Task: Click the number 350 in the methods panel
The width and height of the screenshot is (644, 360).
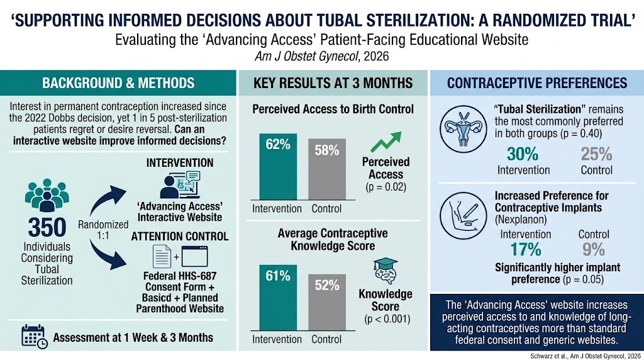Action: tap(47, 227)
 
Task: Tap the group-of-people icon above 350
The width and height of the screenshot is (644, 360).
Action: tap(47, 195)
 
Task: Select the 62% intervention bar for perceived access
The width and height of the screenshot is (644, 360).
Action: tap(278, 167)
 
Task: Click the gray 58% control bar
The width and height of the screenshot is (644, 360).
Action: tap(327, 169)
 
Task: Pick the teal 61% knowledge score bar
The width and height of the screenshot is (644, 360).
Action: tap(278, 298)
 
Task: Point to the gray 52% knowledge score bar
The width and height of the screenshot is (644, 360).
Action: tap(327, 302)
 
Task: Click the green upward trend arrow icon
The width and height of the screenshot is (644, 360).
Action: tap(386, 142)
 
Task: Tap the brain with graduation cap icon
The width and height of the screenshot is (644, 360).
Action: tap(386, 271)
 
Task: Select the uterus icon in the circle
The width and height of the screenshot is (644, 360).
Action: tap(464, 129)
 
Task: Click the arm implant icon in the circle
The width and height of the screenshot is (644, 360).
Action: tap(464, 216)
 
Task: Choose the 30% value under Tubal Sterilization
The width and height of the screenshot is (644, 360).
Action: tap(523, 154)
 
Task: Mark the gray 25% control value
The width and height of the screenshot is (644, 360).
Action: tap(596, 154)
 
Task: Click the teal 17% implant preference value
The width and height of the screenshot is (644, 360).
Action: tap(526, 249)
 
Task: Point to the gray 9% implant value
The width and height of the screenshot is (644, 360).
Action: tap(594, 249)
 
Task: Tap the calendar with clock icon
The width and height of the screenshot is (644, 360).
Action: tap(35, 337)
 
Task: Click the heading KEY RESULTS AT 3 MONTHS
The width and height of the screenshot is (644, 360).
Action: tap(333, 83)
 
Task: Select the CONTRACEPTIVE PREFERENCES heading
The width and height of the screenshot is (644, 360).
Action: tap(537, 83)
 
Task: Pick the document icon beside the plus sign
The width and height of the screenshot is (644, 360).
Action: tap(162, 256)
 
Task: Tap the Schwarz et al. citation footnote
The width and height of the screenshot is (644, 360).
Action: tap(586, 356)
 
